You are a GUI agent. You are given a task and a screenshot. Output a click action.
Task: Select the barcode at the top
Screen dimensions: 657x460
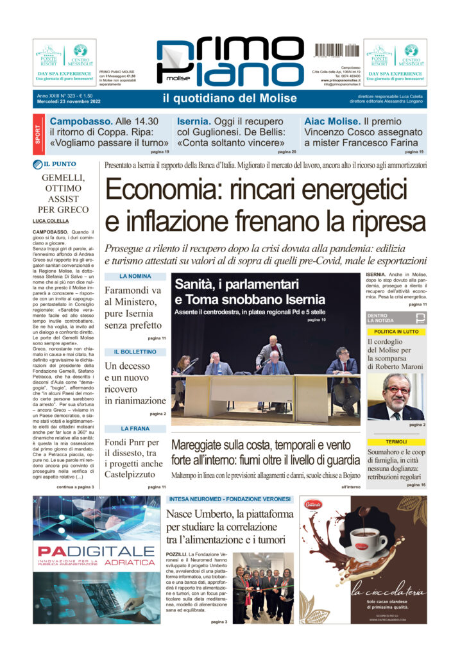click(x=336, y=49)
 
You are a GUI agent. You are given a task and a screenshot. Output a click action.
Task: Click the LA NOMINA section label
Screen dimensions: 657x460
click(x=135, y=277)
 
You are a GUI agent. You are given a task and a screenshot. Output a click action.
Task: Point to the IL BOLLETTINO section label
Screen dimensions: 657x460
click(x=135, y=352)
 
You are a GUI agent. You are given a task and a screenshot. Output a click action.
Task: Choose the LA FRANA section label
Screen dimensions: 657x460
click(x=135, y=428)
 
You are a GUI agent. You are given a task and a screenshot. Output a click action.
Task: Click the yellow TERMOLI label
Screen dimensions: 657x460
click(x=396, y=442)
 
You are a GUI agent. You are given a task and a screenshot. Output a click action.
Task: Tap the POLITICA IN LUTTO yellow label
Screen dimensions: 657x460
click(x=396, y=331)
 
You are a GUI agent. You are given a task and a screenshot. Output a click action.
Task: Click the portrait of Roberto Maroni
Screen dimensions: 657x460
click(x=395, y=396)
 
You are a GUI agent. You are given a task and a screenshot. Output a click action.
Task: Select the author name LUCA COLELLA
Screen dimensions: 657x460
click(x=51, y=221)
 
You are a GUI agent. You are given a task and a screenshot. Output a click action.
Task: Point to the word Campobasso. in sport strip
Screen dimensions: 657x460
click(x=81, y=121)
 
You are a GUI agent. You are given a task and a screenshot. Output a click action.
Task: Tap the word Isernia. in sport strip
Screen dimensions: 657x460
click(x=196, y=121)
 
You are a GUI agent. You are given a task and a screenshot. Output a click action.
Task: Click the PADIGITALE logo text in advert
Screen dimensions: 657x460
click(x=96, y=552)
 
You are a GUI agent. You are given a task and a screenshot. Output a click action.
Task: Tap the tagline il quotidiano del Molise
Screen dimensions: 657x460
click(x=230, y=98)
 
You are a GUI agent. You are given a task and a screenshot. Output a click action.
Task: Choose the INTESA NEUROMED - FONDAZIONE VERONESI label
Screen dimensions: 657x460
click(x=229, y=499)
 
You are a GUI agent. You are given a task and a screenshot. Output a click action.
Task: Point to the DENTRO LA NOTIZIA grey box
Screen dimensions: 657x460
click(x=395, y=318)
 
